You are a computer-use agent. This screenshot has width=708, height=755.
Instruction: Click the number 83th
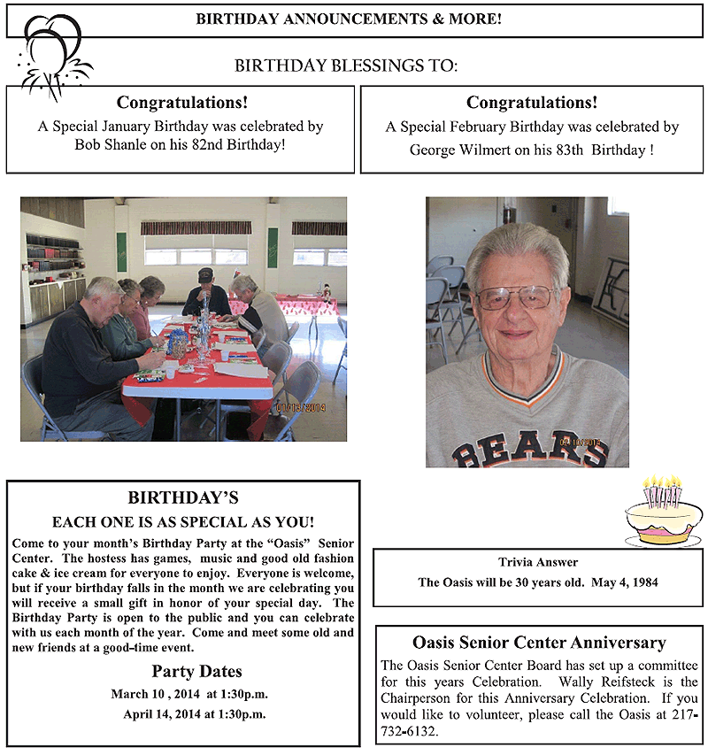[554, 150]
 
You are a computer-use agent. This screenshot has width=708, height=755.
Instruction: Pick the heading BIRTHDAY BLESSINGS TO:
[347, 66]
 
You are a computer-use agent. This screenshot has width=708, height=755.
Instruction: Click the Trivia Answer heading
[538, 562]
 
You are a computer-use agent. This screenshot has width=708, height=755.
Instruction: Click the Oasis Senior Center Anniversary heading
[539, 643]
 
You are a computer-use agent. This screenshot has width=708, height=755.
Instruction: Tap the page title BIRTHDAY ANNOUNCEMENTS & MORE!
[349, 19]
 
